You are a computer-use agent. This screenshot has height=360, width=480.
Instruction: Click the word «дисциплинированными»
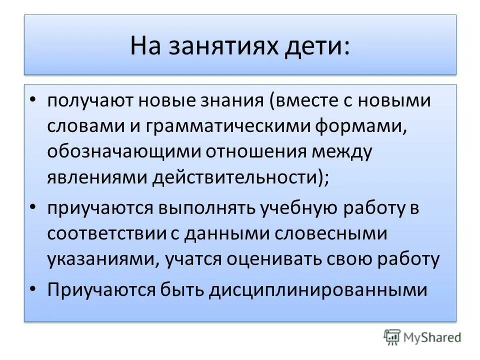click(318, 290)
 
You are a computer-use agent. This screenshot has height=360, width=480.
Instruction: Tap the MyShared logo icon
click(392, 337)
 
